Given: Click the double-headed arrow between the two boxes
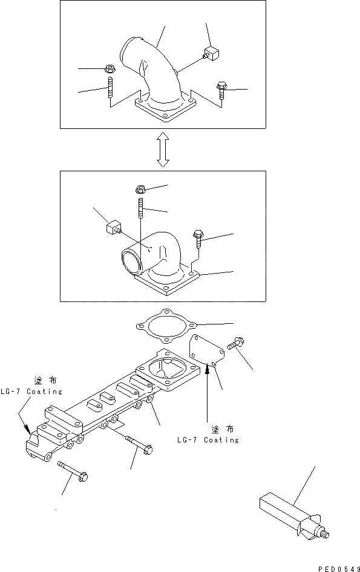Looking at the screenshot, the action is [x=163, y=150].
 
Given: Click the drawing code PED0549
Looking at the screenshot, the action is [x=339, y=568].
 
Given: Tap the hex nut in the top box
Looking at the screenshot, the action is [x=109, y=68].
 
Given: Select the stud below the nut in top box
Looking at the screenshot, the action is [x=110, y=88].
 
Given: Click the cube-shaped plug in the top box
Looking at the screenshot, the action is [x=211, y=53].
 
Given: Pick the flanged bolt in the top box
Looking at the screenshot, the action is [x=222, y=90].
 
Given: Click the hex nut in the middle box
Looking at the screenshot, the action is [x=140, y=189].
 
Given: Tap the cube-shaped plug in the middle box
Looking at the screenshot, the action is [x=113, y=229].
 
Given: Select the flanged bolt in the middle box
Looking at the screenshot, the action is [x=198, y=238].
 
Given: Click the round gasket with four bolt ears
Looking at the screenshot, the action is [x=166, y=326].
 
